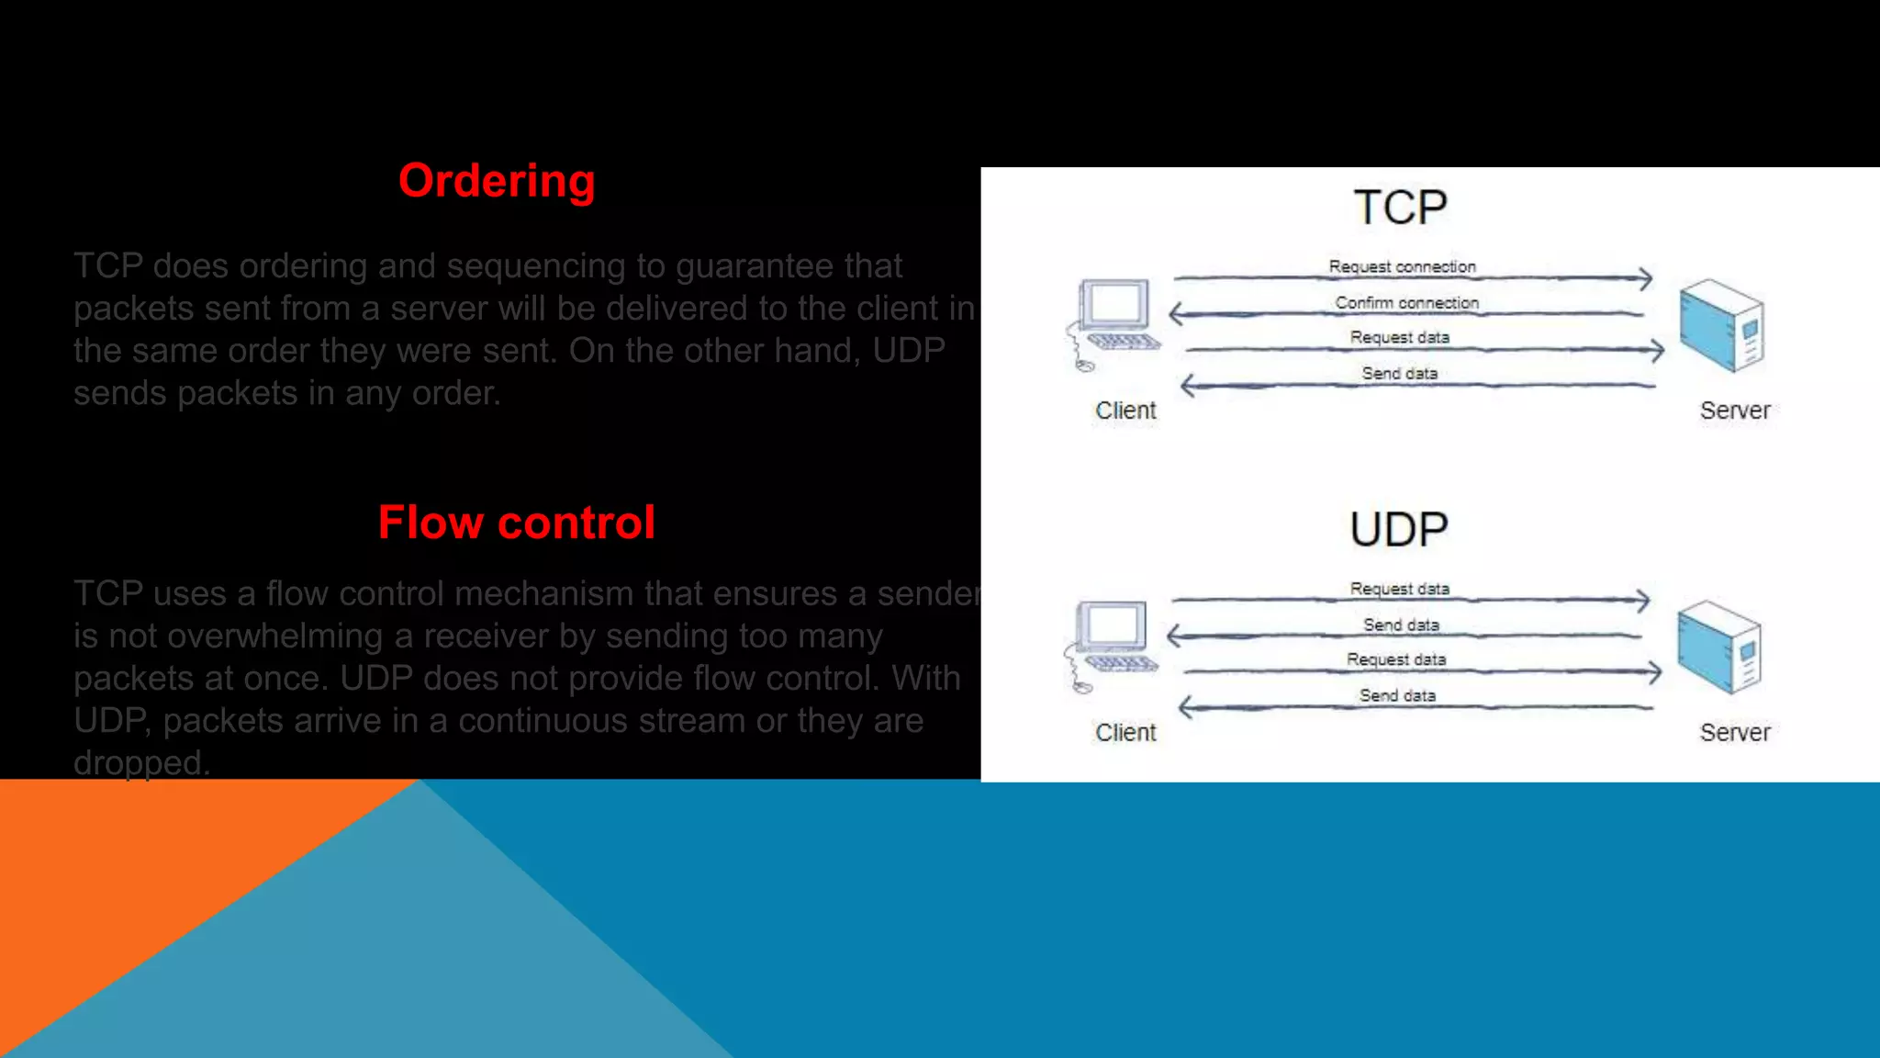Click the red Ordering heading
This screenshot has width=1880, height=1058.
pos(497,181)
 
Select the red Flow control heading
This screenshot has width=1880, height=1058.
pos(516,523)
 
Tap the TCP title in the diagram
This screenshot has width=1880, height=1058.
pos(1400,208)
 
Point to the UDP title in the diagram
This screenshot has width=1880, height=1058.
pos(1398,530)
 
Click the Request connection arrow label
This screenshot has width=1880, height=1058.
pos(1402,266)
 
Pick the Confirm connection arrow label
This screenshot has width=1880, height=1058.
pos(1406,302)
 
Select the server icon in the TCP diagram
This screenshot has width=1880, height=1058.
pos(1722,325)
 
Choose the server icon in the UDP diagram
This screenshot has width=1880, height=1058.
pos(1719,647)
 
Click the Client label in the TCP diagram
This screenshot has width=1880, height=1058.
pos(1125,411)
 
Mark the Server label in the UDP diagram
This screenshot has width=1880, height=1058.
pos(1734,733)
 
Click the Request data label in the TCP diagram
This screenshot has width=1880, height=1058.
pos(1399,337)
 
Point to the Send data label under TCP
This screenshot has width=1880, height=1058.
pos(1399,373)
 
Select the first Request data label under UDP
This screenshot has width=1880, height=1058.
pos(1399,589)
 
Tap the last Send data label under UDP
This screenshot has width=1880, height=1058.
pos(1397,695)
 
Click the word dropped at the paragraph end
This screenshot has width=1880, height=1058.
pos(140,763)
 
